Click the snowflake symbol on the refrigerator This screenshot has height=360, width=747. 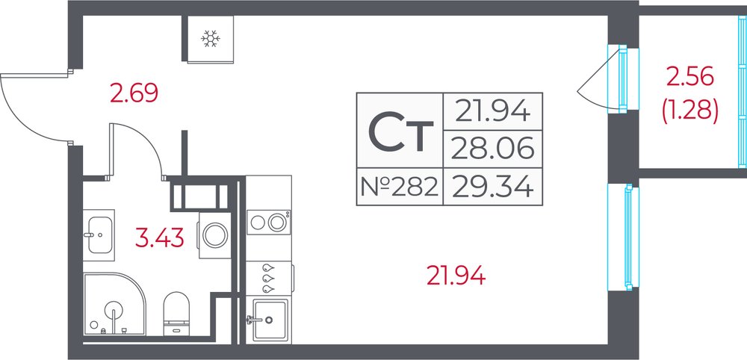point(210,38)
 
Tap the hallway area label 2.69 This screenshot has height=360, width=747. point(134,93)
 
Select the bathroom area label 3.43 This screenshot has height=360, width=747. point(160,238)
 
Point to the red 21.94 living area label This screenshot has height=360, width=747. point(456,276)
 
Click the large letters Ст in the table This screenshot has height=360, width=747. point(401,131)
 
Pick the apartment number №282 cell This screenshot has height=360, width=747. point(400,187)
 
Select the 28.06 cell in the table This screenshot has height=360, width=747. point(492,149)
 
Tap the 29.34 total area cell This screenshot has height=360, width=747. point(492,187)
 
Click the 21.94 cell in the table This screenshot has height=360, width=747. point(492,111)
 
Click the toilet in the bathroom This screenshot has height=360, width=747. point(176,314)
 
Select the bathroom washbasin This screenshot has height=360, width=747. point(99,235)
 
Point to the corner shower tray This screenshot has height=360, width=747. point(114,304)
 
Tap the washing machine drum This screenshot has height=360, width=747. point(215,235)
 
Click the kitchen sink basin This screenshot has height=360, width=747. point(270,319)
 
